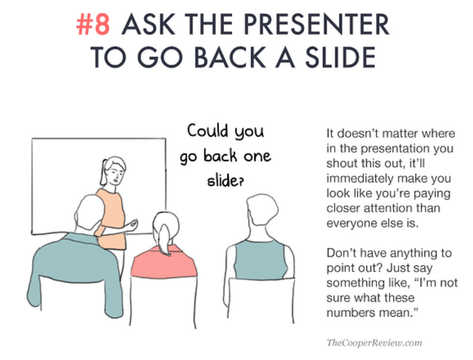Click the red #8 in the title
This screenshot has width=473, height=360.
[93, 25]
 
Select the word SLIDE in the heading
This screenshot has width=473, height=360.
[340, 58]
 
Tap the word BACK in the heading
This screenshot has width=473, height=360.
[230, 58]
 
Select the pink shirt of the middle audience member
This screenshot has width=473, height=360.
[164, 262]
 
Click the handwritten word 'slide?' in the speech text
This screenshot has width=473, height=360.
[225, 181]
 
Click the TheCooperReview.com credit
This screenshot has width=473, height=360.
[374, 343]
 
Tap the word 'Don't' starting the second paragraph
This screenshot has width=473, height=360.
[342, 253]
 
